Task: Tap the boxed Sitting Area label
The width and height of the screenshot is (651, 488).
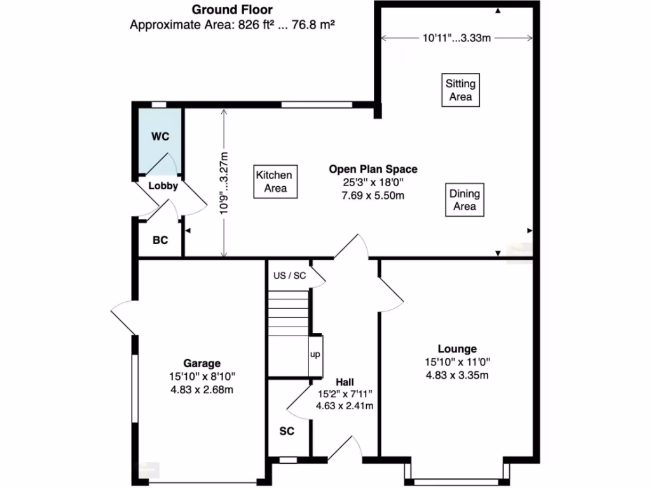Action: [460, 90]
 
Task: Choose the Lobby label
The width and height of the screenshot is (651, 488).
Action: [163, 186]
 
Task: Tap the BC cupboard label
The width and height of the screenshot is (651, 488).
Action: [160, 241]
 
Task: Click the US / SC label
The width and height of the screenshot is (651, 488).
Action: [289, 276]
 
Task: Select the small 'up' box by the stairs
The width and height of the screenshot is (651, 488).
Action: [315, 355]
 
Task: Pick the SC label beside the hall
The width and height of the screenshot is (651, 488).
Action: [287, 431]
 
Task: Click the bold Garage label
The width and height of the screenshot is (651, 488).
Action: [202, 363]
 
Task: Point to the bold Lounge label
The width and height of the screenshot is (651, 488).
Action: [456, 348]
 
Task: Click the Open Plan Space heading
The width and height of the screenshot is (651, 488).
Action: [373, 169]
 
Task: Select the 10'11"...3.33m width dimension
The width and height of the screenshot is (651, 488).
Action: [456, 38]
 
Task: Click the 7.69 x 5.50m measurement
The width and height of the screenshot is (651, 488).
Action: [373, 195]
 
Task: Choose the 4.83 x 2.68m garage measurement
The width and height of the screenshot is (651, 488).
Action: [202, 390]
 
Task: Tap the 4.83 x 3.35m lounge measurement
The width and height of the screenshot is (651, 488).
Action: [456, 375]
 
